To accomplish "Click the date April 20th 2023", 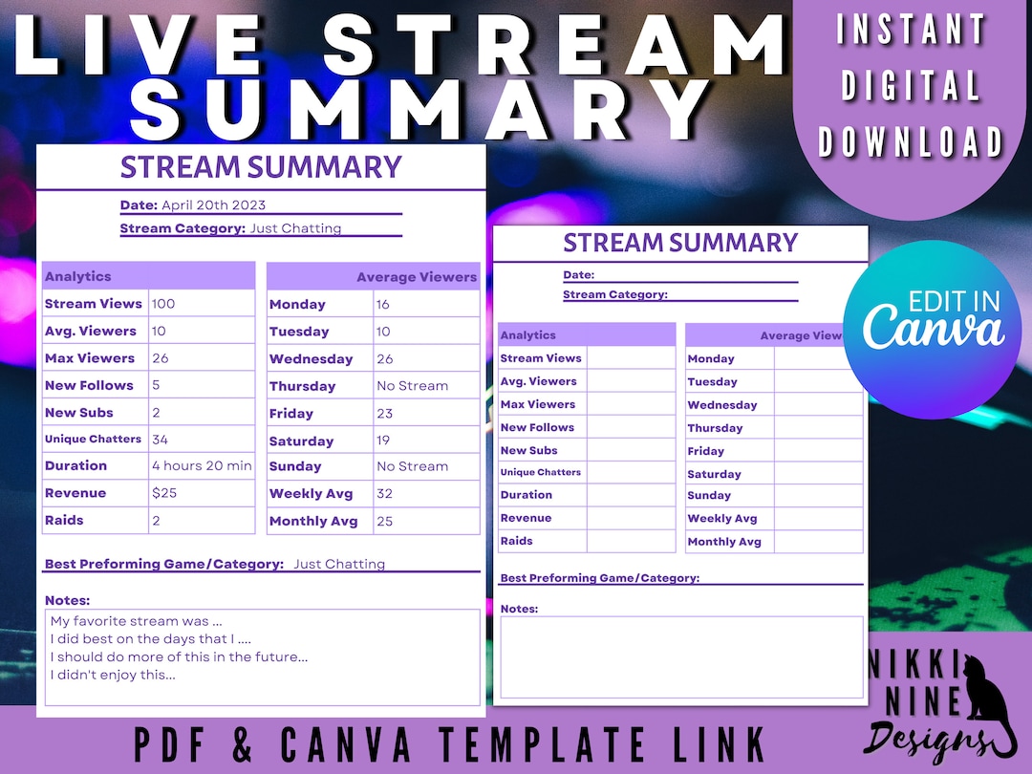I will [213, 205].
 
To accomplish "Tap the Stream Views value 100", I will [163, 304].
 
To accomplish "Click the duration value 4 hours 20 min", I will [202, 466].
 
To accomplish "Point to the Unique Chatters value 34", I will [161, 440].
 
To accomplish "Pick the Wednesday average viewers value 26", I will [384, 359].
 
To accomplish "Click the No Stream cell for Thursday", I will [412, 386].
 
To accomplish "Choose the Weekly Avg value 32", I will [384, 494].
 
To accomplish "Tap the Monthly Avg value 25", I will [384, 521].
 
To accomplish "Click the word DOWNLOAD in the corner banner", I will [911, 142].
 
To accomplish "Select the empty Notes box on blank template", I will [681, 657].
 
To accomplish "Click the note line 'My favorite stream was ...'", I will [137, 621].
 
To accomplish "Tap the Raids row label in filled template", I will [64, 521].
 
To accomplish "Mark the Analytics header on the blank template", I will [528, 335].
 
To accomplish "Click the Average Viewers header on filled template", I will [417, 277].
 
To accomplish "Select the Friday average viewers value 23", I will [384, 414].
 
